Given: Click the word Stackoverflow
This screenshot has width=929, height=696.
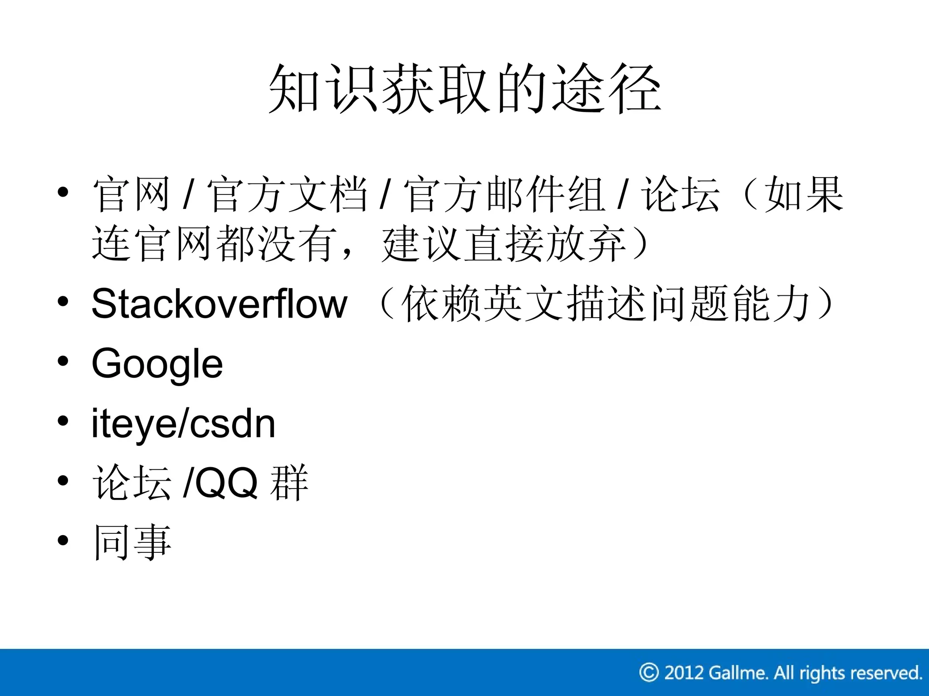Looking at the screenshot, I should pos(220,304).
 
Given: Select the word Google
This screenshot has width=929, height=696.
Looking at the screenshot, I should pos(157,364).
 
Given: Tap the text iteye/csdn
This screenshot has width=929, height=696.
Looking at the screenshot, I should pos(183,424).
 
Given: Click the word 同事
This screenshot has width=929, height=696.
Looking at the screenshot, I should pos(132,542).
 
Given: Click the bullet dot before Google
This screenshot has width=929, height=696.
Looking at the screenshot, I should pos(63,361).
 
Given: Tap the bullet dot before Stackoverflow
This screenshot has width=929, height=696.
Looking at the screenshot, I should pos(63,301).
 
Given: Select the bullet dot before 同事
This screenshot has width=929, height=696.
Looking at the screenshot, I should pos(63,540).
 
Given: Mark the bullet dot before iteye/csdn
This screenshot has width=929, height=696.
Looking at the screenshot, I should pos(63,421).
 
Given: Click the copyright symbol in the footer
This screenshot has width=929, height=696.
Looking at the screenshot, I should pos(649,672).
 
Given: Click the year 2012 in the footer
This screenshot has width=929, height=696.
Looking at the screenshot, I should pos(684,672).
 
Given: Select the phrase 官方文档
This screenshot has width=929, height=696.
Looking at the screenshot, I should pos(287,195).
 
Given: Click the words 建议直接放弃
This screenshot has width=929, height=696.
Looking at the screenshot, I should pos(504,245).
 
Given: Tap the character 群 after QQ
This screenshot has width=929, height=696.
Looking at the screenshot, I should pos(289,483).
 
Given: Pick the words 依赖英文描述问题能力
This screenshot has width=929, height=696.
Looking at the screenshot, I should pos(606,304).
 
